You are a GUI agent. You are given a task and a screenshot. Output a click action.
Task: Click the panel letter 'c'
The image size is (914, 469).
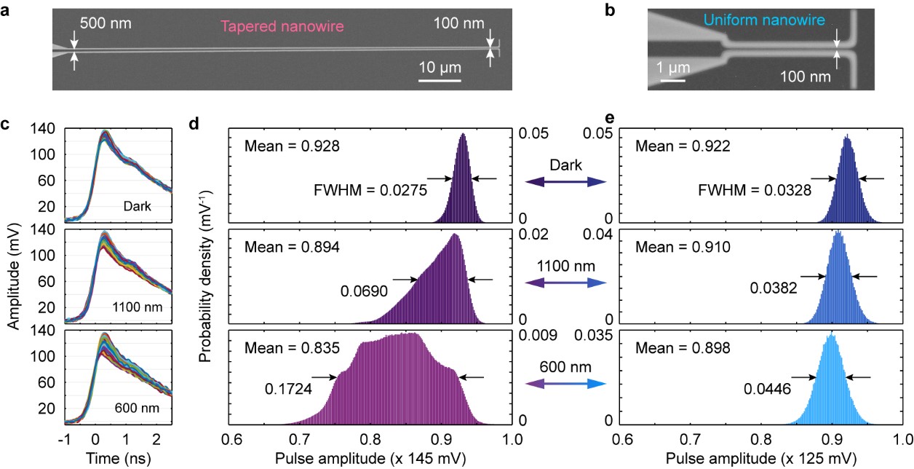[6, 124]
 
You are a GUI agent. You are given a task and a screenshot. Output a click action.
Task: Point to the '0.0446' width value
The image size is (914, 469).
[766, 389]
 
